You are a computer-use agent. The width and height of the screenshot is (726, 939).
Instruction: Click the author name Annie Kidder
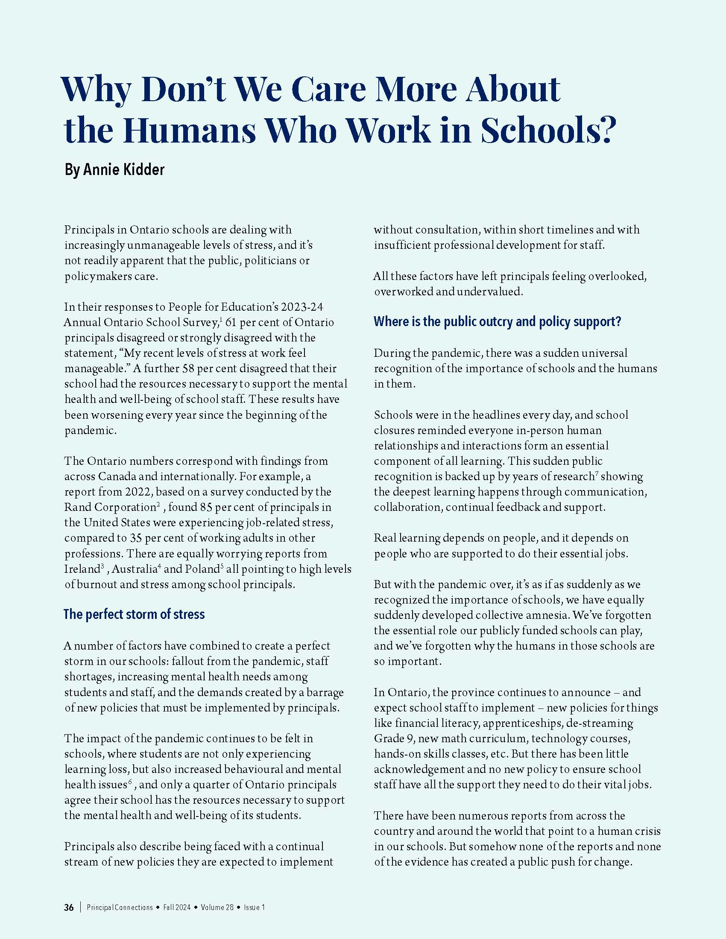(123, 169)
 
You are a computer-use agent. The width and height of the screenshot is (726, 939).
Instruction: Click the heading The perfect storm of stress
(134, 614)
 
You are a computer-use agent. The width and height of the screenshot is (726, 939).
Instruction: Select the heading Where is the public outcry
(497, 321)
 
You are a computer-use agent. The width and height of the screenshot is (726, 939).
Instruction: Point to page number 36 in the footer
(69, 907)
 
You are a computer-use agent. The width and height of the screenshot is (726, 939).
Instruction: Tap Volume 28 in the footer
(217, 907)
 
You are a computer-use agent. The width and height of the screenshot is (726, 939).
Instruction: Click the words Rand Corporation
(109, 507)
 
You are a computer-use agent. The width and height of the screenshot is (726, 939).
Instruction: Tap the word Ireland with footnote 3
(82, 569)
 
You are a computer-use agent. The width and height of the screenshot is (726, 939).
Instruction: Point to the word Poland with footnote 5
(202, 569)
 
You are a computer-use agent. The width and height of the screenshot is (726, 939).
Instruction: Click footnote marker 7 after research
(597, 473)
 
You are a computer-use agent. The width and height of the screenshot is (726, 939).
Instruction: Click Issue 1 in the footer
(254, 907)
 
